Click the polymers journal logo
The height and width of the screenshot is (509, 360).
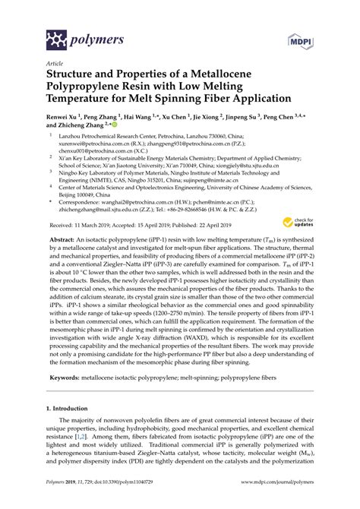click(75, 37)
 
